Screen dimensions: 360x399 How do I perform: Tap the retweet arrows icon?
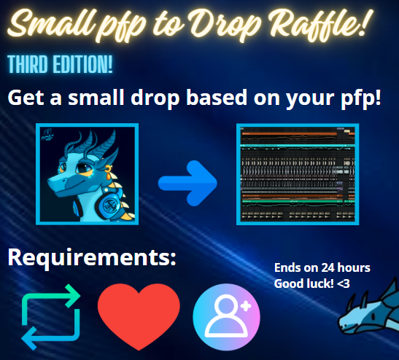click(50, 318)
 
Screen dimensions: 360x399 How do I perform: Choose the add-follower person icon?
click(226, 318)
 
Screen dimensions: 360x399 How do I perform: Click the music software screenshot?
click(297, 174)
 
